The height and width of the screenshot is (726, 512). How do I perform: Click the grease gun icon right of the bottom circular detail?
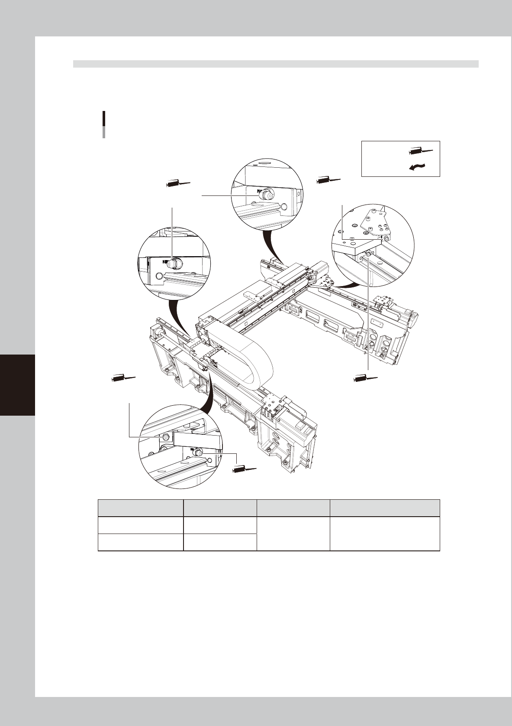pos(244,469)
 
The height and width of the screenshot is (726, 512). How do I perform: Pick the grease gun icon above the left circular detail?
pos(178,184)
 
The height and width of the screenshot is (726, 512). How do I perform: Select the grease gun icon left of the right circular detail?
pos(328,180)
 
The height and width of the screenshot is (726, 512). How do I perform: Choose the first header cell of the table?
pos(140,508)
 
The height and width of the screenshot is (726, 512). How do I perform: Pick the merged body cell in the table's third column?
pos(293,534)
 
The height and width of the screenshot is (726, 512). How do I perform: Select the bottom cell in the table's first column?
pos(140,542)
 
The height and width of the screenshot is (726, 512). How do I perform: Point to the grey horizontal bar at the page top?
pos(276,64)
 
